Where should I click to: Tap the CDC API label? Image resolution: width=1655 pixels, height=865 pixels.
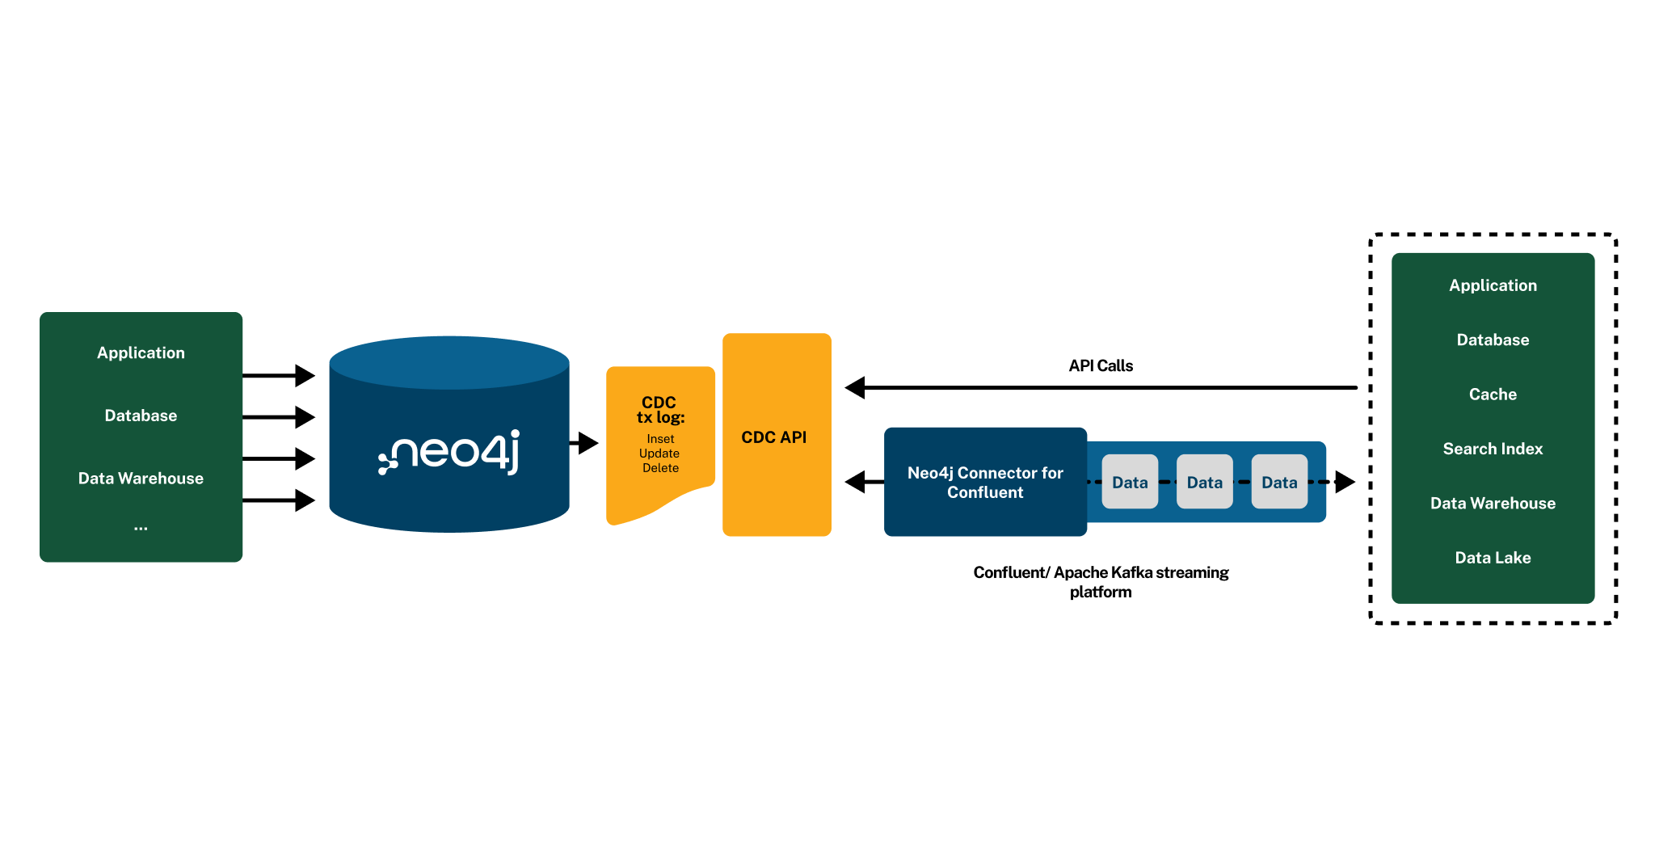[773, 437]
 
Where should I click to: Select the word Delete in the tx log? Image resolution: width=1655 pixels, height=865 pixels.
[660, 468]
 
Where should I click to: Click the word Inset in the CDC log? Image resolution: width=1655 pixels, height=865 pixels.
[660, 439]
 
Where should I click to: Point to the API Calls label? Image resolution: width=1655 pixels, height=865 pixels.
[1100, 365]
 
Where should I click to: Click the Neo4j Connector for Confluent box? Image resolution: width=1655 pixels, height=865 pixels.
[984, 482]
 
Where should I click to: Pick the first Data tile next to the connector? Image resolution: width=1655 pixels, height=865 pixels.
[1129, 482]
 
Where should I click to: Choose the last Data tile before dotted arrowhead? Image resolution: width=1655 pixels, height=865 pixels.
[1278, 482]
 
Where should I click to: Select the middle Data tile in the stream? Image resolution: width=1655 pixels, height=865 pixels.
[1204, 482]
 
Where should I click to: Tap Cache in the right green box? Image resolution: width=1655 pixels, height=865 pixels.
[1492, 395]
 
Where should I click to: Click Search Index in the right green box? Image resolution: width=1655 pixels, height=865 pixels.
[1492, 449]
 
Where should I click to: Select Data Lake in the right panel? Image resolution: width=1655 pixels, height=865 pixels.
[1492, 558]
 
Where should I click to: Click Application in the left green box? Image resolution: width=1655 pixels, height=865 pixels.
[141, 352]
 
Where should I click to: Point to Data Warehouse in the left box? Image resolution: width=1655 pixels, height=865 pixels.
[141, 479]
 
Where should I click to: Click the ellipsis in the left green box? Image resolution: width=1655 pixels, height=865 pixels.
[141, 528]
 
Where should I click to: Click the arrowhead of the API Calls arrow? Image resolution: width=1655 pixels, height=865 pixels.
[855, 388]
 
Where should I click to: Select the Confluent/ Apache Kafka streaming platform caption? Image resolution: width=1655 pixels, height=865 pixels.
[1100, 582]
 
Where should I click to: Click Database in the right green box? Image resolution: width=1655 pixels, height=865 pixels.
[1492, 340]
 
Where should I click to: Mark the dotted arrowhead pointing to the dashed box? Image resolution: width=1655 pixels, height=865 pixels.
[1344, 482]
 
